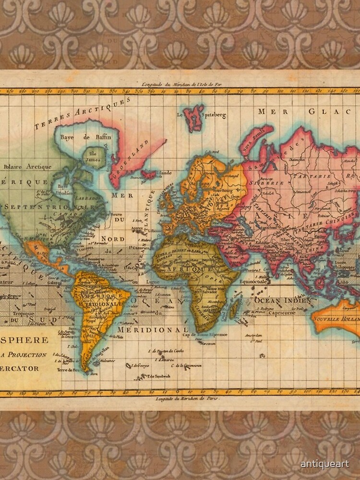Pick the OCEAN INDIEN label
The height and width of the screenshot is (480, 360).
coord(283,300)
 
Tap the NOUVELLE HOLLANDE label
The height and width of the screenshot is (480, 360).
coord(336,318)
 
